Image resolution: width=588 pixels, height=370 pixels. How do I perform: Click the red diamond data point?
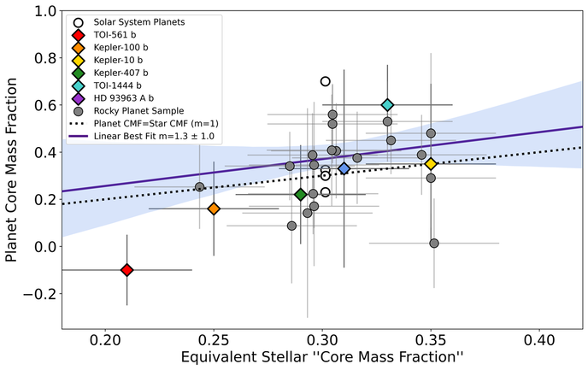pos(126,270)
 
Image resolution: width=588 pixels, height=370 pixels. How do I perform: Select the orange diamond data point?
pos(214,208)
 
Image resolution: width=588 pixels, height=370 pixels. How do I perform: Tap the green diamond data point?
pos(301,195)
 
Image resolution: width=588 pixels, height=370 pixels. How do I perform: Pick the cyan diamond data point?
pos(387,104)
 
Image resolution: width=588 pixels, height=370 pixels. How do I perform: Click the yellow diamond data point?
pos(431,163)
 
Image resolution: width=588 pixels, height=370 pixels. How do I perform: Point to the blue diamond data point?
pos(344,168)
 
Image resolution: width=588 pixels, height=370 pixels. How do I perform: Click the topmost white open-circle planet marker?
pos(325,81)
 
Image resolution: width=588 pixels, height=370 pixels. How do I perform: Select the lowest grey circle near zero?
pos(434,244)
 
